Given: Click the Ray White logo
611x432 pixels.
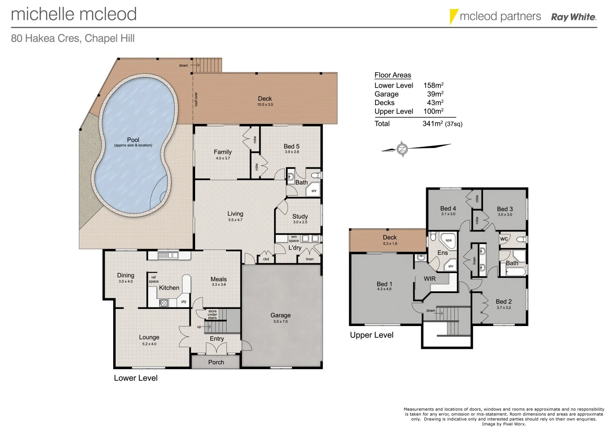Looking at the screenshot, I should [574, 17].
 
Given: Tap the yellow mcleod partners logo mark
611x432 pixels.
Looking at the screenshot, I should [453, 17].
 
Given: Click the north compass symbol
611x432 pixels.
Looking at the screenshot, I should [402, 149].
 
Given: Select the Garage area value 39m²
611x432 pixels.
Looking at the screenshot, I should [435, 94].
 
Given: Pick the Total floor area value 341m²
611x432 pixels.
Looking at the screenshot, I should [433, 123].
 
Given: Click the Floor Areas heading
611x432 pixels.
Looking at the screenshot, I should [393, 75].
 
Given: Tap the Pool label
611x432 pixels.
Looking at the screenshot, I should [133, 140].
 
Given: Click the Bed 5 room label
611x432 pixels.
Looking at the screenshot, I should [292, 146].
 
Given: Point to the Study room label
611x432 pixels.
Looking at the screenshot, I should [300, 216].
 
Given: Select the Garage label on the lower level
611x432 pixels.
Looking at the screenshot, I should [281, 315].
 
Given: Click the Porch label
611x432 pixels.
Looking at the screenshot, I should [216, 362].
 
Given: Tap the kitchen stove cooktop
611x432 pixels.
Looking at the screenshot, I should [164, 303].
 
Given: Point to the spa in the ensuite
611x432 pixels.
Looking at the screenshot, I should [448, 240].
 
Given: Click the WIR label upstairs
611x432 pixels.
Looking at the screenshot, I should [430, 279].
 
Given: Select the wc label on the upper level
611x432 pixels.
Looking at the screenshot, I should [504, 238].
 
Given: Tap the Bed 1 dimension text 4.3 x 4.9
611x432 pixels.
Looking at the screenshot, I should [384, 289].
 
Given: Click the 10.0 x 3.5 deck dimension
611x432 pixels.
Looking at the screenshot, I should [265, 105].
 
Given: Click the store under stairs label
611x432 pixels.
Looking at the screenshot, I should [212, 314].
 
